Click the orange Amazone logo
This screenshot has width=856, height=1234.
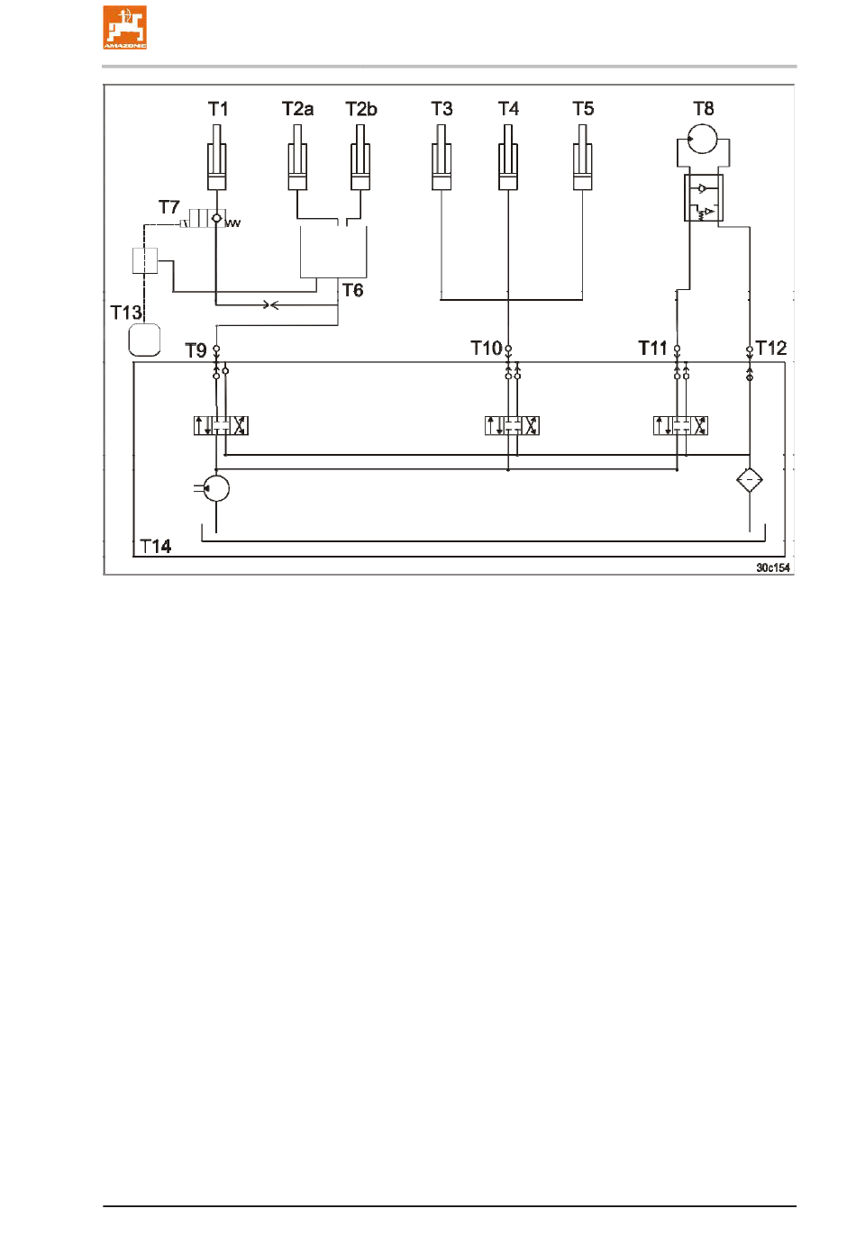click(124, 28)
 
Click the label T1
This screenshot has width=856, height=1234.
click(218, 109)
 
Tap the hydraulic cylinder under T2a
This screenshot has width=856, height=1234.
click(297, 158)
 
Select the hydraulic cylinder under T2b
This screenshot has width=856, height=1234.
click(360, 158)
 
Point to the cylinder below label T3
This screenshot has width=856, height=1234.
click(441, 158)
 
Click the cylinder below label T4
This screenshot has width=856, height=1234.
click(507, 158)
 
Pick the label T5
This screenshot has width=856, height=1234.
click(583, 109)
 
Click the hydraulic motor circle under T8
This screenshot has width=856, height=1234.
click(702, 139)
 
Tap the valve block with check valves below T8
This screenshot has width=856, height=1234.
click(704, 198)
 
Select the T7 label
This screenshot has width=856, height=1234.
click(169, 207)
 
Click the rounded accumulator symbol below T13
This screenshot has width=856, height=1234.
click(144, 340)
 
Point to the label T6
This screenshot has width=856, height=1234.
click(353, 290)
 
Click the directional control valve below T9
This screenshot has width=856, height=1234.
click(221, 426)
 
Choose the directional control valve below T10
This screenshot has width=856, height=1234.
click(512, 426)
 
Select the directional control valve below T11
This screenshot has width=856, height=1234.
click(680, 426)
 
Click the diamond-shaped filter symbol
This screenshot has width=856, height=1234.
click(750, 480)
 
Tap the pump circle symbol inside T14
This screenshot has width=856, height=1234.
click(216, 488)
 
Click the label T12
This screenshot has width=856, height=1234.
click(771, 349)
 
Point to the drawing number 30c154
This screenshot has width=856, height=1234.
click(773, 568)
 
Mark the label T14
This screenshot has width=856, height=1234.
click(156, 547)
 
